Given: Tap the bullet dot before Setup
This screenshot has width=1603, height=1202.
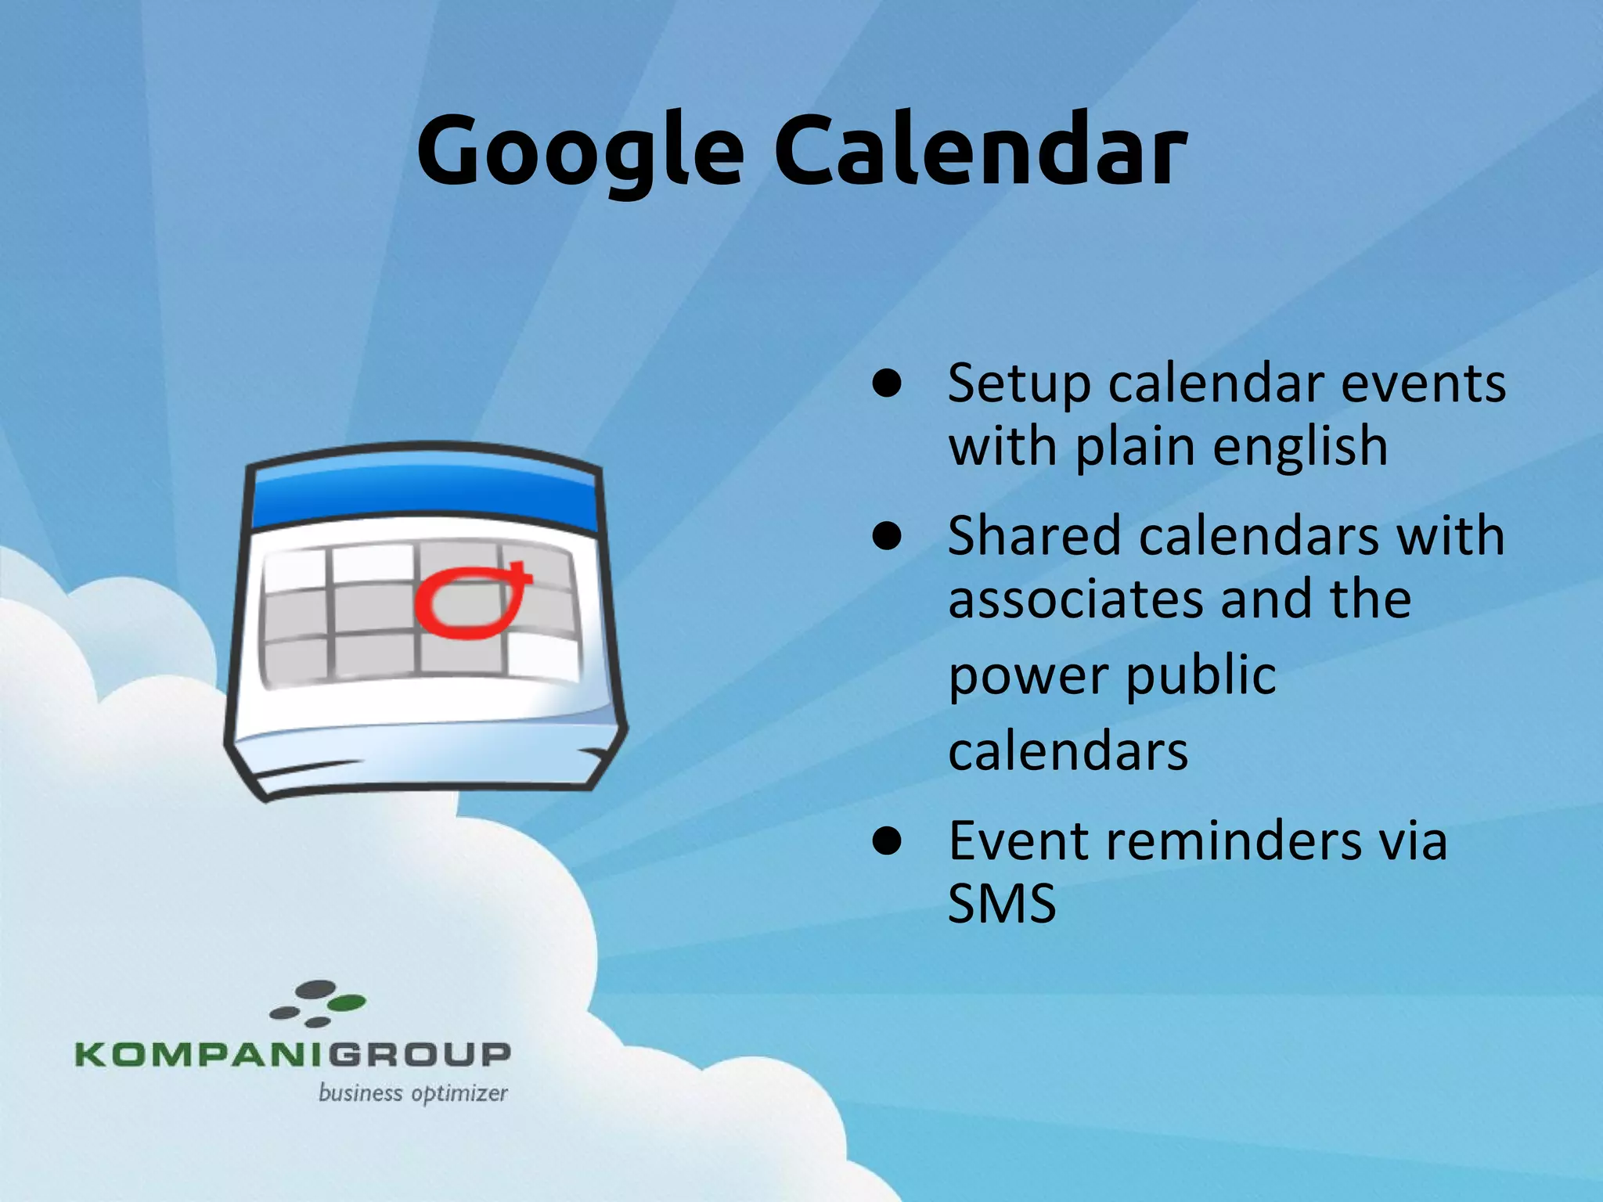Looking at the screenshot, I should click(888, 384).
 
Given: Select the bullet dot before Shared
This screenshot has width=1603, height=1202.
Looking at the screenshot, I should click(888, 538).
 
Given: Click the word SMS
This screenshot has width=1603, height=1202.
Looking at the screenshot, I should click(1002, 904).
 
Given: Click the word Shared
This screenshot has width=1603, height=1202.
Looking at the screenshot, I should click(1033, 538).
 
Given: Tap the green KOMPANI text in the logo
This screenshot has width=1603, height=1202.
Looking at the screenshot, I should click(200, 1054).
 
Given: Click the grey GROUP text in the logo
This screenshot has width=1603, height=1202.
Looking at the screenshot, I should click(419, 1054).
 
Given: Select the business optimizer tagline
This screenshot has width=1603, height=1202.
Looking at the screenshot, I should click(412, 1093).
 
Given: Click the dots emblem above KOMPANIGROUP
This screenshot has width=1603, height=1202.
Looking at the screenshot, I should click(318, 1003).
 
